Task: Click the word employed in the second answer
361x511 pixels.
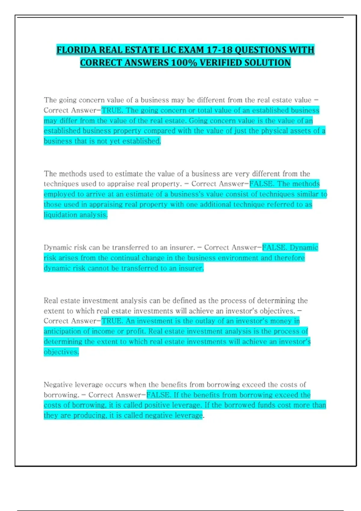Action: [58, 194]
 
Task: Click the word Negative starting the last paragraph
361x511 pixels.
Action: [58, 384]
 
